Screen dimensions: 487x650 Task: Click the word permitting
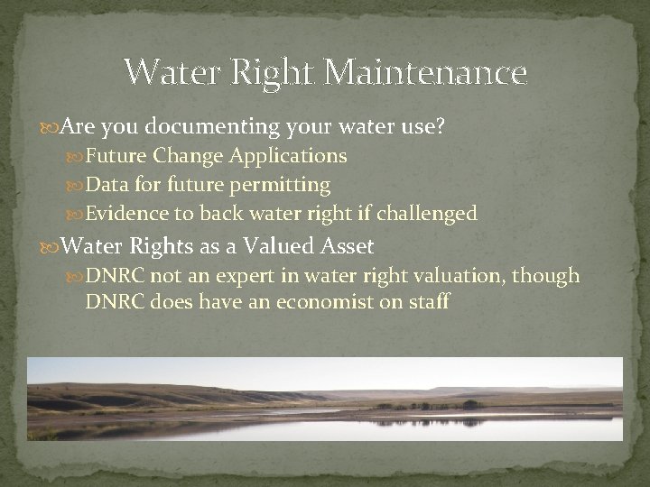[285, 186]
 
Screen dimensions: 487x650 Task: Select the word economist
[322, 301]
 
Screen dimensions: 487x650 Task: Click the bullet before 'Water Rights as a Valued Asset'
[33, 246]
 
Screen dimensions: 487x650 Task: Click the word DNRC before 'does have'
[115, 301]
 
